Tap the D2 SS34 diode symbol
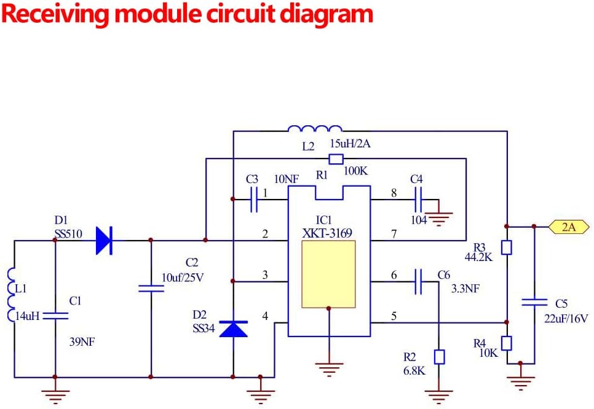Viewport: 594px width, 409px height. pos(233,329)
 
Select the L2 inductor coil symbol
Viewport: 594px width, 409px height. pos(314,129)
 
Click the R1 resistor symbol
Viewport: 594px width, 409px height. pos(336,159)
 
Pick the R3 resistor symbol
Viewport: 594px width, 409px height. pos(507,247)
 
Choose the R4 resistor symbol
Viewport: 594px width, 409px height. pos(507,343)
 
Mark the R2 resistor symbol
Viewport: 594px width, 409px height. pos(439,356)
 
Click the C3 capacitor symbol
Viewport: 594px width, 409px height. pos(253,199)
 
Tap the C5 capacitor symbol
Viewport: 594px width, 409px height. pos(534,302)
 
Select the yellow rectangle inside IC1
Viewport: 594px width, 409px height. pos(328,274)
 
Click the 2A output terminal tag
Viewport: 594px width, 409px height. pos(568,227)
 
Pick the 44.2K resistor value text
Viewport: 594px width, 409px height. pos(479,257)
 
